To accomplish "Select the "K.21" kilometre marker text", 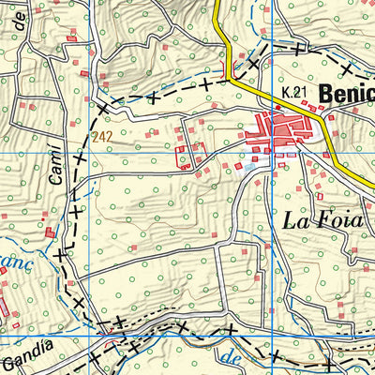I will point(293,92).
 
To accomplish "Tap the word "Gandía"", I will point(24,359).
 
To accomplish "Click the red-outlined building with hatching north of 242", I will point(84,72).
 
